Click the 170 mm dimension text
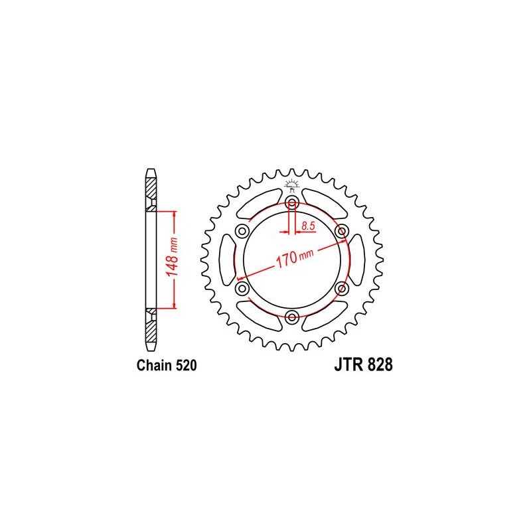[295, 258]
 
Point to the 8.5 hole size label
[308, 226]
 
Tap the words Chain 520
[167, 366]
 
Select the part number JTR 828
[363, 365]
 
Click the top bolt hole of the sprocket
[292, 204]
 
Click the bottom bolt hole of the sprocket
[292, 317]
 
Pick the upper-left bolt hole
[242, 232]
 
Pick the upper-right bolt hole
[341, 232]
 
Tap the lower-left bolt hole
[242, 289]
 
